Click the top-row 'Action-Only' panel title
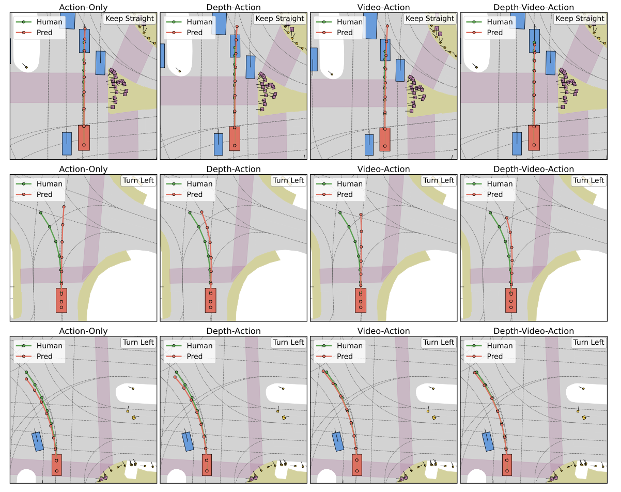click(x=83, y=7)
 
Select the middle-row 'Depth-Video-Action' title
click(x=534, y=169)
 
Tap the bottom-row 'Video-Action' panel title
click(x=383, y=331)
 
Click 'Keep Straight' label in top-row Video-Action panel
click(x=430, y=19)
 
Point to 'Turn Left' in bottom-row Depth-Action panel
click(x=288, y=342)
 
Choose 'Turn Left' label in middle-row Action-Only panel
click(x=138, y=180)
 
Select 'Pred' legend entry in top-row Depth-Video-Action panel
click(x=494, y=33)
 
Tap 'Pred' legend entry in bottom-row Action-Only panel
click(x=44, y=356)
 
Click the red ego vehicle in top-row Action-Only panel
click(x=84, y=137)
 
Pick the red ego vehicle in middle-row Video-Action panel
click(x=361, y=300)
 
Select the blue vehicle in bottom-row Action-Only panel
click(x=38, y=441)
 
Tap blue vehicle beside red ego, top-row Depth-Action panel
click(x=218, y=144)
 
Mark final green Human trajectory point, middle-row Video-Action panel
click(x=339, y=212)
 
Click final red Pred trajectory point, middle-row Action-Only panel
click(x=64, y=207)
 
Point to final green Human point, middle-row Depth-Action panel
click(x=190, y=212)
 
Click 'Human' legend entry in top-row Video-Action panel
click(x=349, y=22)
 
